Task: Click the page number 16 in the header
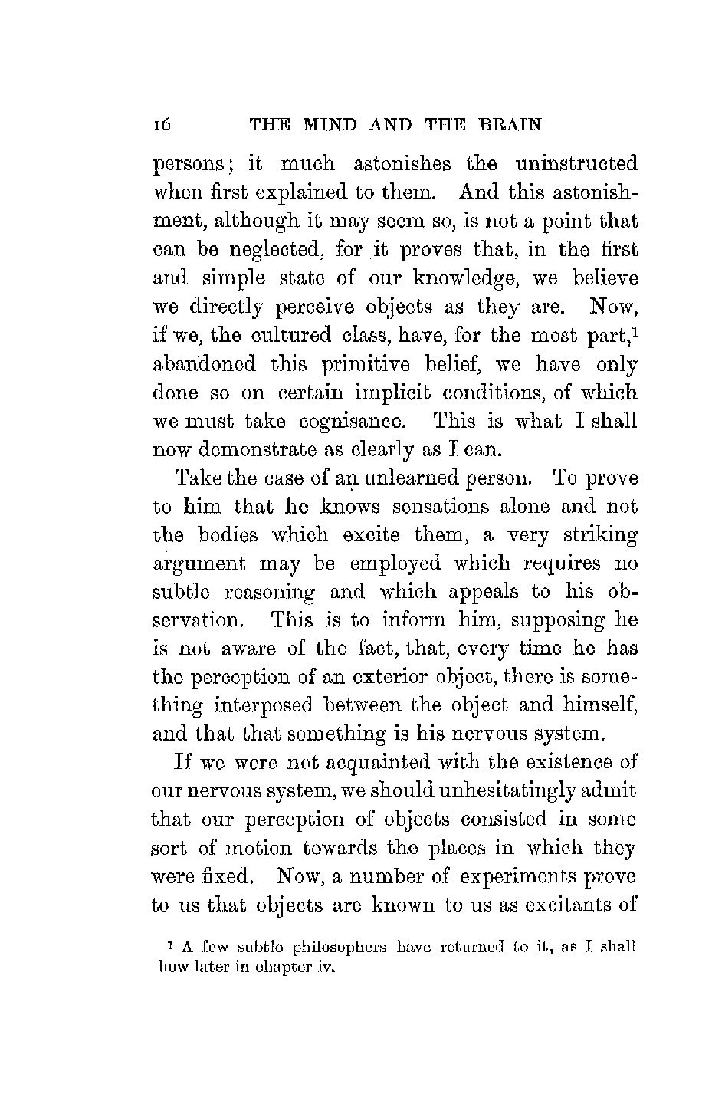click(x=161, y=125)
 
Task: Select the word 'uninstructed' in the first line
click(x=576, y=165)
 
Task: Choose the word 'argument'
click(x=199, y=565)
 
